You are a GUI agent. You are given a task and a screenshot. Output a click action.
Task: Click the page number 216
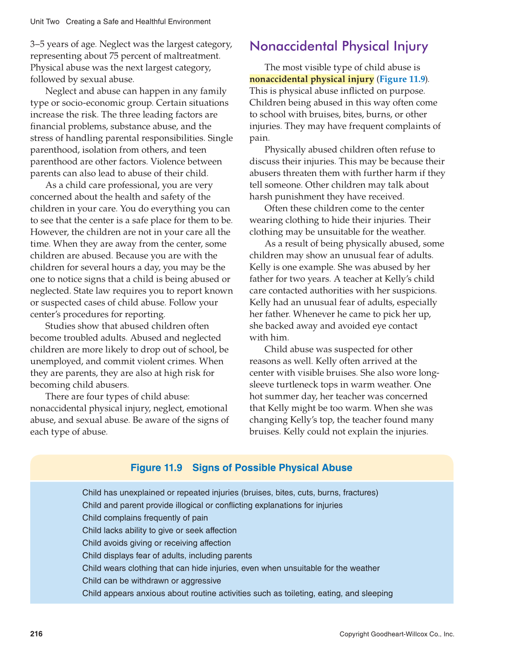tap(36, 634)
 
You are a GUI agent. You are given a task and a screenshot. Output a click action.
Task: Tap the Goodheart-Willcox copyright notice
tap(397, 634)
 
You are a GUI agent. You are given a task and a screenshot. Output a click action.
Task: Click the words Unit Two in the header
tap(45, 22)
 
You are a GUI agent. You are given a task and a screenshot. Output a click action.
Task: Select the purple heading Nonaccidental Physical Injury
tap(339, 46)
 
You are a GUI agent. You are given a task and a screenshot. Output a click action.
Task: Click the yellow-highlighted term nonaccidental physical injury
tap(312, 79)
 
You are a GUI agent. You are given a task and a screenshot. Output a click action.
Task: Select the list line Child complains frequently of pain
tap(145, 518)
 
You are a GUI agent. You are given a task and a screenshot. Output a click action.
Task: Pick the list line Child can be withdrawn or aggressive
tap(152, 581)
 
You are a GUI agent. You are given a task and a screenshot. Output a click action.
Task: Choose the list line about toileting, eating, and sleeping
tap(237, 593)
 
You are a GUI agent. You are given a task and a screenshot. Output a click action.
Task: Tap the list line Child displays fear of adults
tap(167, 556)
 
